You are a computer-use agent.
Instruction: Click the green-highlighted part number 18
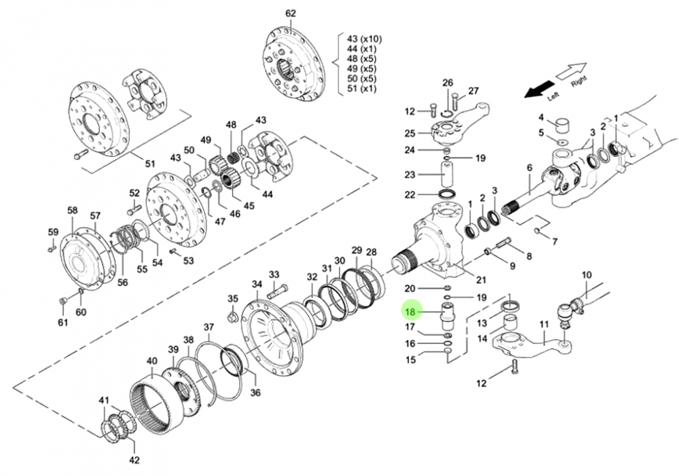(409, 312)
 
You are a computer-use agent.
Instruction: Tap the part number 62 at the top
(291, 14)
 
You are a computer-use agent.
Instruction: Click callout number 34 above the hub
(256, 284)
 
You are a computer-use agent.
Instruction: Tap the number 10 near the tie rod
(587, 274)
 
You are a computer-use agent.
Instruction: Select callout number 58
(72, 210)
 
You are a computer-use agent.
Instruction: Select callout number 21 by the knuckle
(481, 280)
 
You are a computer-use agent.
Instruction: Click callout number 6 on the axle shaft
(529, 168)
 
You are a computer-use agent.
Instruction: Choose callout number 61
(63, 322)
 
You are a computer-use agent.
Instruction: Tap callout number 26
(447, 82)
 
